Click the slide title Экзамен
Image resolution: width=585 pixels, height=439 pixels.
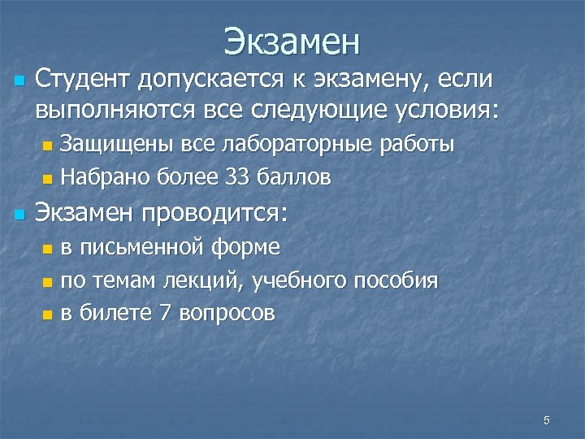292,41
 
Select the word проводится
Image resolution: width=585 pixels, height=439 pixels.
215,215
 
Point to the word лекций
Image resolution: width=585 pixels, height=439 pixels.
212,281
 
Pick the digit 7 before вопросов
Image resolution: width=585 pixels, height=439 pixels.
165,313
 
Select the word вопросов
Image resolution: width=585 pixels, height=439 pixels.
227,314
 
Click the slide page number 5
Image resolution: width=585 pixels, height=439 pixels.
547,420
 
